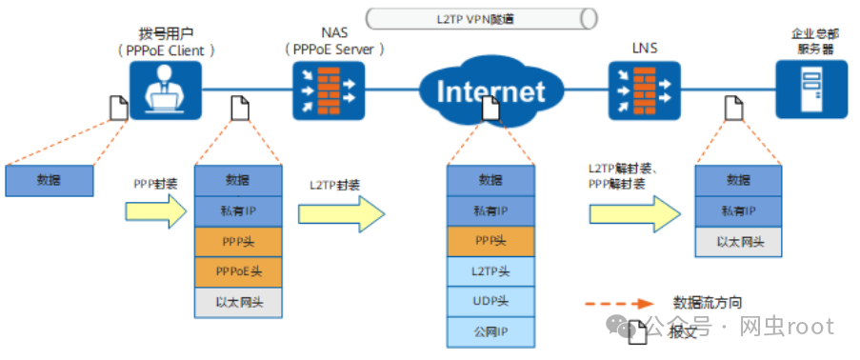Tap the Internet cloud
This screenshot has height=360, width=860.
pyautogui.click(x=490, y=90)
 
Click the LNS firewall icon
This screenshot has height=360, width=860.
pyautogui.click(x=645, y=90)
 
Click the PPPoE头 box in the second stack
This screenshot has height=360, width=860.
pyautogui.click(x=237, y=271)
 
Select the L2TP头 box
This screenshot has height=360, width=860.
pyautogui.click(x=490, y=271)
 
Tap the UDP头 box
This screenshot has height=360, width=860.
pyautogui.click(x=490, y=302)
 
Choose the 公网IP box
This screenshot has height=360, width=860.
pyautogui.click(x=490, y=332)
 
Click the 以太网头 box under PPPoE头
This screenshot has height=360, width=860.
pyautogui.click(x=237, y=302)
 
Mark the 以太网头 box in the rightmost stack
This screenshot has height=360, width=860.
pyautogui.click(x=738, y=241)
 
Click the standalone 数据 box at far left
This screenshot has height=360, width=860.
pyautogui.click(x=50, y=180)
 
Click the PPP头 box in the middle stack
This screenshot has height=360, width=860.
pyautogui.click(x=490, y=241)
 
